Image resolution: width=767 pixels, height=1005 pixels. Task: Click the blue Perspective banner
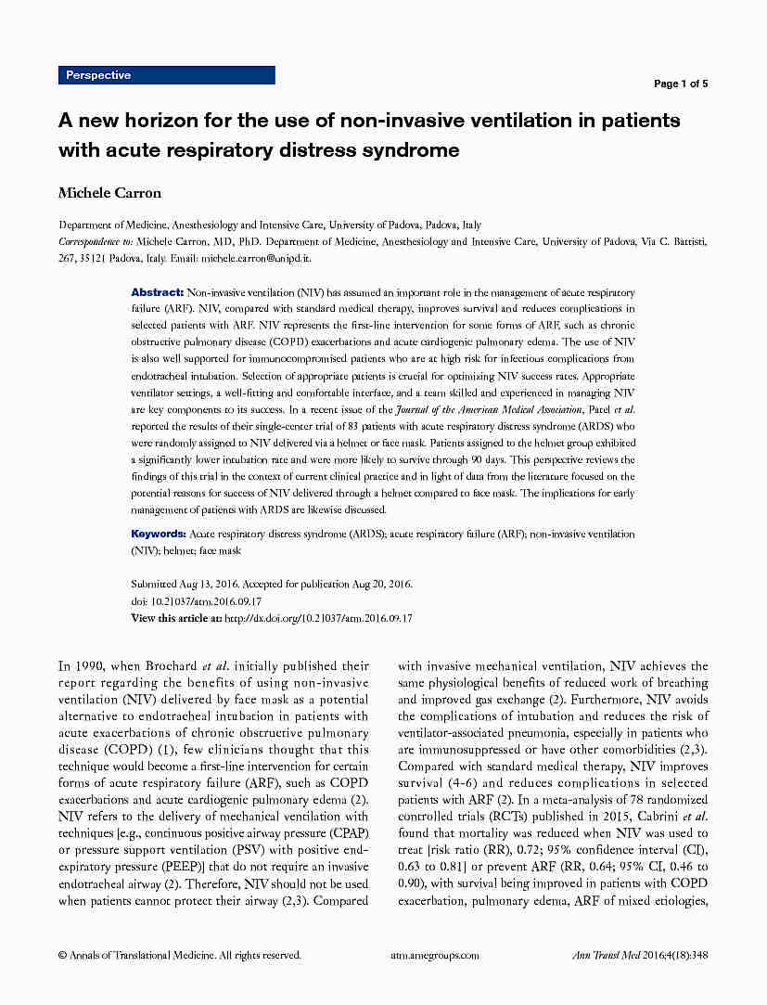(167, 75)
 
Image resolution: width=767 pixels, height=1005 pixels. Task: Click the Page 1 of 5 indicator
(681, 84)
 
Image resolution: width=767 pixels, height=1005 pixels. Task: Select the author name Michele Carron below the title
(109, 193)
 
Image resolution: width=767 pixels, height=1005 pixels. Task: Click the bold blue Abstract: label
(157, 291)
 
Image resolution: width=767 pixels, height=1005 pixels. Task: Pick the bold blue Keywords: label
(159, 535)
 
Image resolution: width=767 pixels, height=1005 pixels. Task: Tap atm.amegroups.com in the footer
(435, 954)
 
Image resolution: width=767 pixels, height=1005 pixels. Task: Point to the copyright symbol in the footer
(62, 954)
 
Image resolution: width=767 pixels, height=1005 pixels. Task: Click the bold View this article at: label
(176, 618)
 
